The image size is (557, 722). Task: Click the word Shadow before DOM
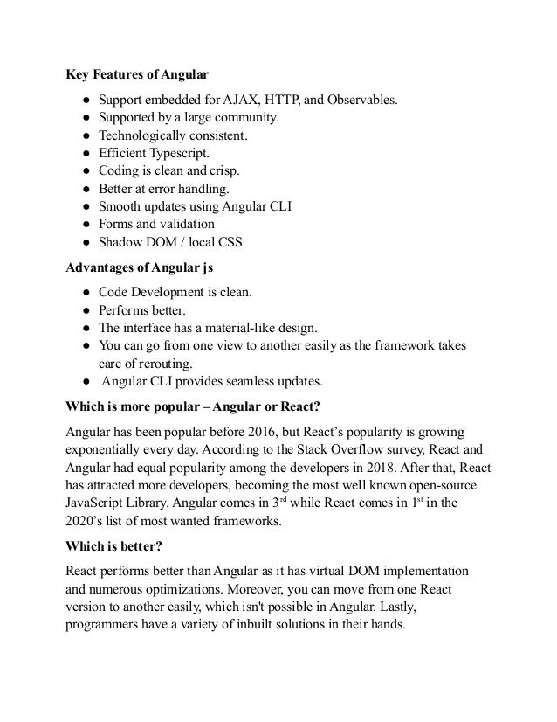[x=120, y=242]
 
